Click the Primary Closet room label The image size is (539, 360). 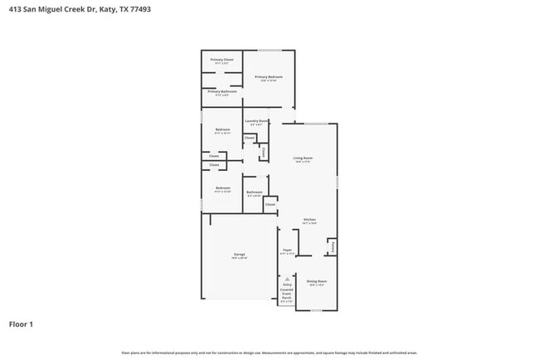coord(221,60)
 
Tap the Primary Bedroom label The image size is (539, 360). coord(269,76)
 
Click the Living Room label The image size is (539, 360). coord(303,158)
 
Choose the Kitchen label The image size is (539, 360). coord(309,220)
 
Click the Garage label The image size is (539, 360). coord(239,255)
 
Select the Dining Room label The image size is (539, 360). coord(317,281)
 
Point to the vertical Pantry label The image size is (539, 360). coord(333,246)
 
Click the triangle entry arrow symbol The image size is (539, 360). coord(287,280)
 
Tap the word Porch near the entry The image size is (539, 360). coord(287,297)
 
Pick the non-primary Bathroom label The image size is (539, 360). coord(254,192)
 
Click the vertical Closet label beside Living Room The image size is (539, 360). coord(264,152)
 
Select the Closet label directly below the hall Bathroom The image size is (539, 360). coord(270,204)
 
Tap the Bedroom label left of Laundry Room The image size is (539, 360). coord(222,129)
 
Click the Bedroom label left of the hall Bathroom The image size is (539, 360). coord(222,188)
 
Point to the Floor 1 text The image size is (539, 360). coord(21,324)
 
